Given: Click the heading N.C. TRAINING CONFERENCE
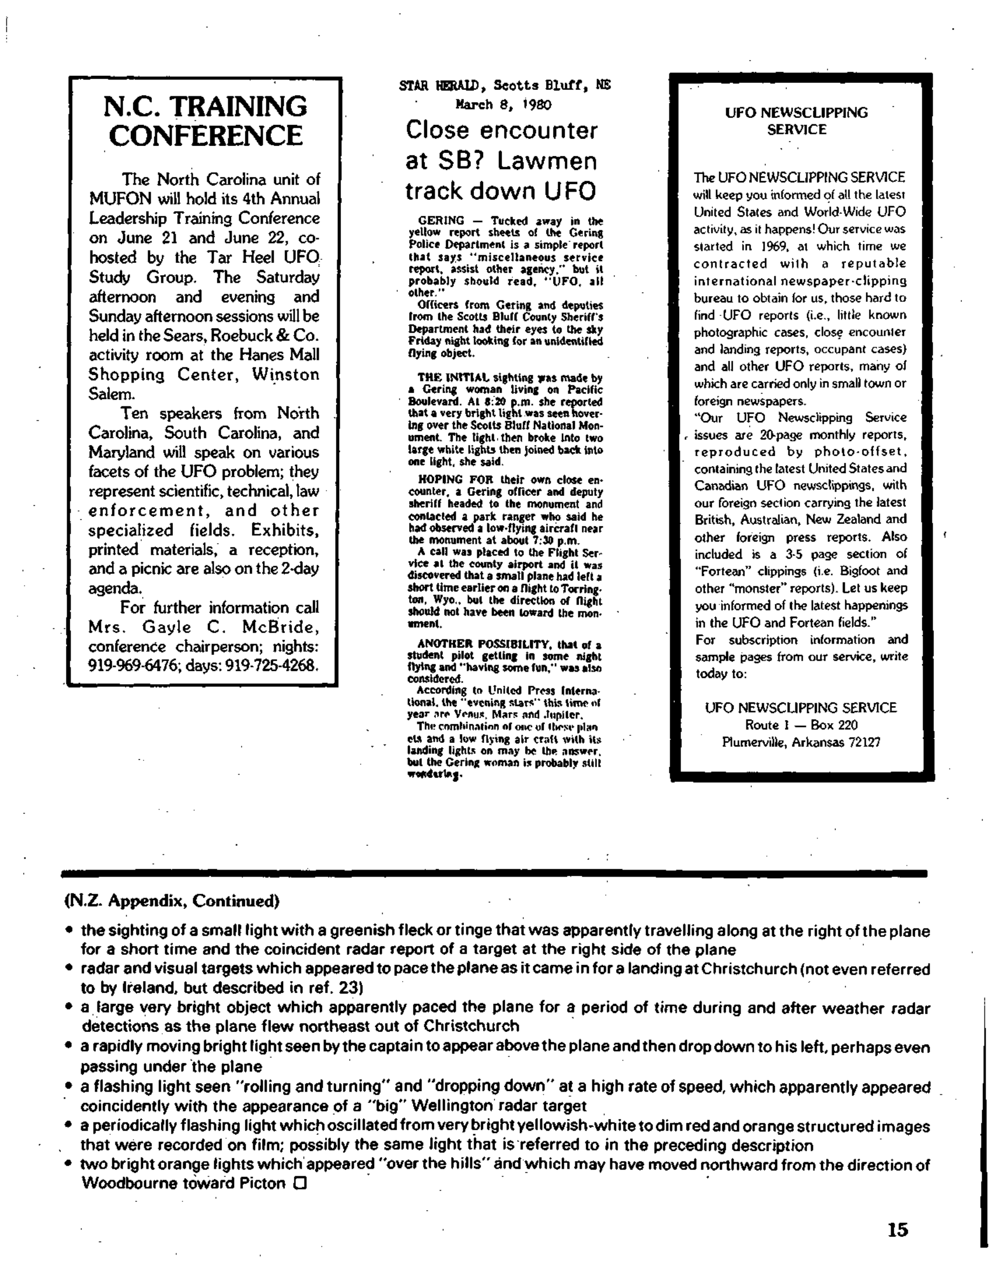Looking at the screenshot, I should pos(205,121).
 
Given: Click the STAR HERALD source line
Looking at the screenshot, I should pos(505,85).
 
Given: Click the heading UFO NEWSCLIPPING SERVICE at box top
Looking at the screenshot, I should pos(796,121).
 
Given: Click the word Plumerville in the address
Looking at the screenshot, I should pos(755,742).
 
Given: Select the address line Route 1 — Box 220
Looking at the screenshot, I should pos(801,724).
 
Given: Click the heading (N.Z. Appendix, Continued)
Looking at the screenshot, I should pos(171,901).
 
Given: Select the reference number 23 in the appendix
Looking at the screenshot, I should pos(348,988).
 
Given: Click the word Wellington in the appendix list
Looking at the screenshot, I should pos(456,1106).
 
